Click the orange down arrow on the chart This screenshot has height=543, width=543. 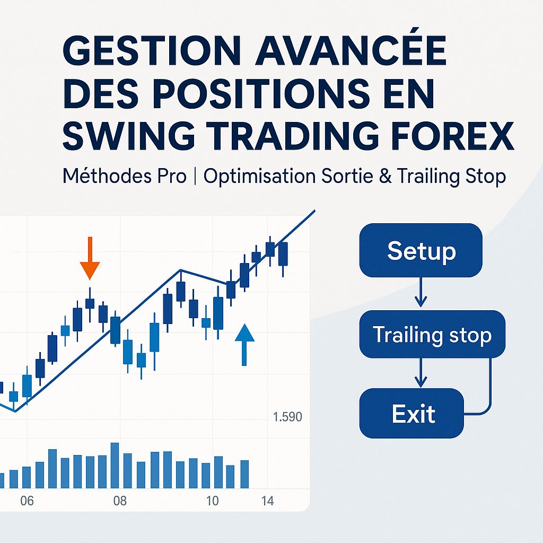point(90,260)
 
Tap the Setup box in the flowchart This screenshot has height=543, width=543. point(421,250)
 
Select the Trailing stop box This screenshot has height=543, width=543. point(432,334)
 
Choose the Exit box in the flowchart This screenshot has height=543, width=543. point(413,413)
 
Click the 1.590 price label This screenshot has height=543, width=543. point(287,417)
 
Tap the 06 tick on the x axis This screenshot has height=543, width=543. point(27,501)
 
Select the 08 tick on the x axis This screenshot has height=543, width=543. point(120,501)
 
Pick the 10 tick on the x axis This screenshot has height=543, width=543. point(212,501)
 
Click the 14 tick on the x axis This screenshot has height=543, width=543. point(268,501)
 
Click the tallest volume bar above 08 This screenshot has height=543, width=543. point(115,465)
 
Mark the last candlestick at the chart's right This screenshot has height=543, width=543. point(283,255)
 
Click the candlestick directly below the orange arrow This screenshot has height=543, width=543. point(90,303)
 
